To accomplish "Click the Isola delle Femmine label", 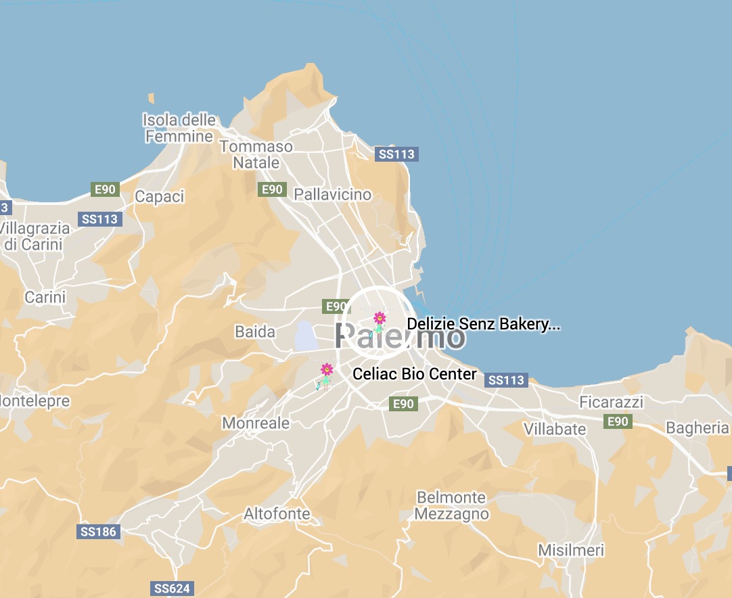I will click(179, 129).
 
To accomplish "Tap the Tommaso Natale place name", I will click(256, 155).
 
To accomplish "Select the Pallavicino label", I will click(332, 195).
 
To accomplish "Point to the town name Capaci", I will click(159, 197).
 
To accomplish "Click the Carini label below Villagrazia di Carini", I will click(45, 297).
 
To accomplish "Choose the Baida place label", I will click(255, 332).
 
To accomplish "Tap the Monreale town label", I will click(256, 423).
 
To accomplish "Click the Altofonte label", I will click(277, 514).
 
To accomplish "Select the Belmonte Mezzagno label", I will click(451, 506).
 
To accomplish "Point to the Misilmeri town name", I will click(571, 551).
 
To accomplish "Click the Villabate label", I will click(555, 430).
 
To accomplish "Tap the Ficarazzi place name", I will click(612, 402).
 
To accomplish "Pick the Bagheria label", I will click(697, 428).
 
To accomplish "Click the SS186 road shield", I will click(99, 532).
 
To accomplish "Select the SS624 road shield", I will click(172, 589).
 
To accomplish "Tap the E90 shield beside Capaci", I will click(105, 189).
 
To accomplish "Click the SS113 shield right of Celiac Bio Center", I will click(507, 380).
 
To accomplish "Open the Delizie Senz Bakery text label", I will click(484, 325).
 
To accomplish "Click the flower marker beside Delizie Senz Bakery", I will click(380, 318).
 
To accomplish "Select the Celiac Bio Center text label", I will click(415, 374).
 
